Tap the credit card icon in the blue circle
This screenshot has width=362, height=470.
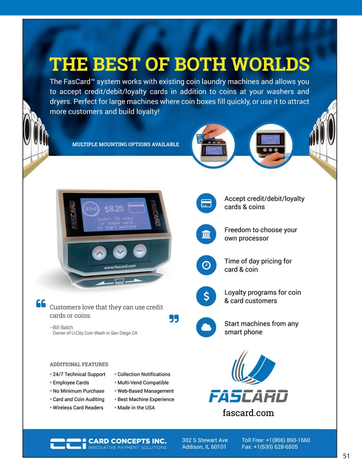click(206, 203)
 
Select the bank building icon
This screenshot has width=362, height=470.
click(206, 234)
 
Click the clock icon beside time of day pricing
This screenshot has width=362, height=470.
click(206, 265)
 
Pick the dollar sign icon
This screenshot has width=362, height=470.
click(206, 296)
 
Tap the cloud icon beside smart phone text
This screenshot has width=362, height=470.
click(206, 328)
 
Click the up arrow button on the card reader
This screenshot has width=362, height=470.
click(99, 253)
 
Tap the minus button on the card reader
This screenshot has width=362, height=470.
click(140, 251)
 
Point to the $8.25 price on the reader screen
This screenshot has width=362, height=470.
click(114, 209)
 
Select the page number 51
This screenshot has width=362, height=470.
click(346, 456)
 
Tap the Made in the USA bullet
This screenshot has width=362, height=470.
click(135, 407)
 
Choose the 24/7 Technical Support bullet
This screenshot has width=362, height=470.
click(78, 374)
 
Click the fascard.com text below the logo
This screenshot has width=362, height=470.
click(249, 413)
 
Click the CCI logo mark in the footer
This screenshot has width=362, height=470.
click(68, 443)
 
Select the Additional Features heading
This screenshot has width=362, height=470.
click(79, 364)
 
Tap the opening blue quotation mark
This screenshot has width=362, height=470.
click(41, 303)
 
